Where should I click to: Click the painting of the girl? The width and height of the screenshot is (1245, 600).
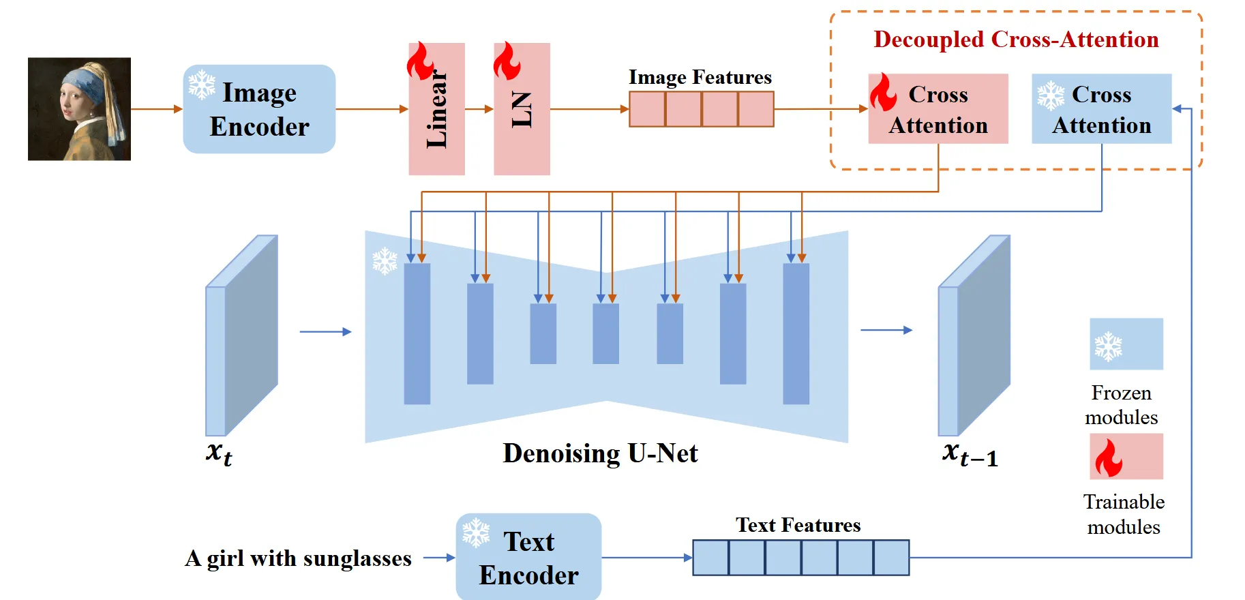[79, 109]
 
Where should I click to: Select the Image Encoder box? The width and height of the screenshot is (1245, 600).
[259, 109]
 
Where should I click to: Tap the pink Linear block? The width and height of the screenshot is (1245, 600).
[436, 109]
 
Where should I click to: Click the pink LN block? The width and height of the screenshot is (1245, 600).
[522, 109]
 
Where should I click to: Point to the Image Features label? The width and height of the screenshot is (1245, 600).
[700, 78]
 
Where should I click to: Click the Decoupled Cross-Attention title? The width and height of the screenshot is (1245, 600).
[1016, 40]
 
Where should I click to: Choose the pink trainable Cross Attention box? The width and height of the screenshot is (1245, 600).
[938, 109]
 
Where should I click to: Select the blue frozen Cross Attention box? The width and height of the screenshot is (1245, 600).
[1101, 109]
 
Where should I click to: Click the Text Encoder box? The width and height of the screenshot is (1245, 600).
[528, 558]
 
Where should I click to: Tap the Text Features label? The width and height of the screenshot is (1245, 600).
[798, 525]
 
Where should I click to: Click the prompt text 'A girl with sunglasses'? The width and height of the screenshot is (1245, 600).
[299, 558]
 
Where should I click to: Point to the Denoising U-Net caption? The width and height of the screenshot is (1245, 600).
[600, 453]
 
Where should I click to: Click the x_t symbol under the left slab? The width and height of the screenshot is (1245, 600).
[219, 453]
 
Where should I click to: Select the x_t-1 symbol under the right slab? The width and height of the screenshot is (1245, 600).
[970, 454]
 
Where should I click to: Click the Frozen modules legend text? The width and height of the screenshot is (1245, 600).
[1121, 405]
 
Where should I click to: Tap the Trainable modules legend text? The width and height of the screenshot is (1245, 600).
[1124, 514]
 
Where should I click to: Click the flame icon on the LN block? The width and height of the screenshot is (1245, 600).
[507, 61]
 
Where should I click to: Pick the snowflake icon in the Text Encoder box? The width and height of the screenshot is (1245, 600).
[476, 532]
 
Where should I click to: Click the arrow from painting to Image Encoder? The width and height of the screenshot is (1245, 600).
[156, 109]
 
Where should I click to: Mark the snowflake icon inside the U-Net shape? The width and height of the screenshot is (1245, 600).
[385, 260]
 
